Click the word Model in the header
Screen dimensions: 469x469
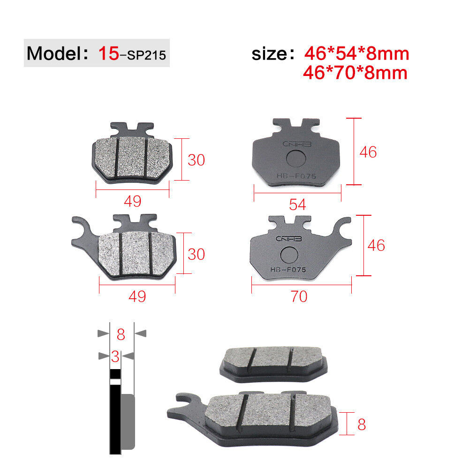54,53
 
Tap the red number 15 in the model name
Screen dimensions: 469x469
109,53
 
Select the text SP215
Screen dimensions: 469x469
146,55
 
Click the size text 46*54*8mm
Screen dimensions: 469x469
356,53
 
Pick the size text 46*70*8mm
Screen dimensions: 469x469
355,73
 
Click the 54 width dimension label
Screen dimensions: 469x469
297,204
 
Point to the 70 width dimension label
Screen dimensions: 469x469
299,296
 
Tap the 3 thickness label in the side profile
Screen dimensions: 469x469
115,356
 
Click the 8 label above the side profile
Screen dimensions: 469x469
121,334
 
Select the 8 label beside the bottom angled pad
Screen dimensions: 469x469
362,424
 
